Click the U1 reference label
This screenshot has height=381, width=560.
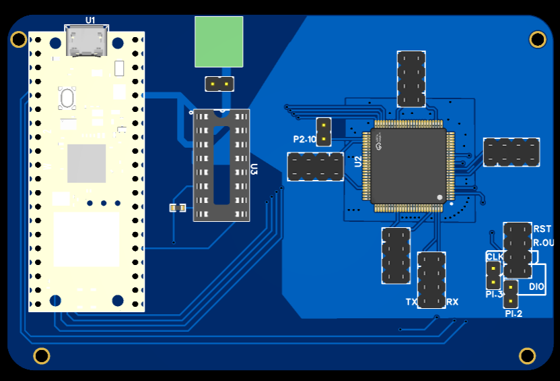tap(90, 20)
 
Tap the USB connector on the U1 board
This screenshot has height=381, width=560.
tap(87, 41)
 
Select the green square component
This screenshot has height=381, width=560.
tap(219, 42)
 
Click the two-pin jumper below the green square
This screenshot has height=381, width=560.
tap(219, 84)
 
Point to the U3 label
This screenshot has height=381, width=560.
tap(254, 169)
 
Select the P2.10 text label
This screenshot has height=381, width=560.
tap(304, 140)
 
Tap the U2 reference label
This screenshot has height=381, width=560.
tap(358, 162)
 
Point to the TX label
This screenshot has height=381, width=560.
tap(411, 302)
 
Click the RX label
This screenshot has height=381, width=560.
tap(452, 302)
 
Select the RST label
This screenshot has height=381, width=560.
tap(542, 229)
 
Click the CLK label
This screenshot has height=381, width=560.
tap(495, 257)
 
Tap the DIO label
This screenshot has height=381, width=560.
tap(536, 287)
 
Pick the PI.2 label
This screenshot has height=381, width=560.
tap(514, 314)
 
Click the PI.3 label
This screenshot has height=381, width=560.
tap(495, 295)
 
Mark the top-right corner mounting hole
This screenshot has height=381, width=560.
tap(537, 40)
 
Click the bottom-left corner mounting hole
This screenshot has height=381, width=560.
tap(42, 355)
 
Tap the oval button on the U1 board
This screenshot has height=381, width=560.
tap(67, 98)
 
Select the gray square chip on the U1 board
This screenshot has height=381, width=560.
tap(86, 163)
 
